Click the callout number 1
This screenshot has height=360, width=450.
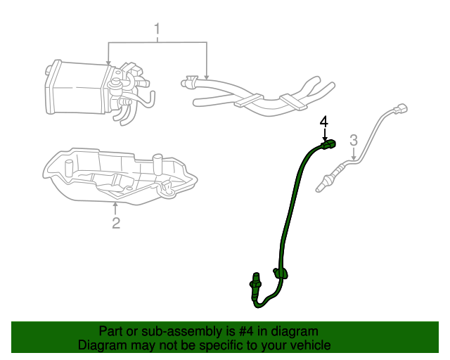[157, 30]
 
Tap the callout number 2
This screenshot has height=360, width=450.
[116, 223]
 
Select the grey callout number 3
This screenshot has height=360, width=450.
[354, 140]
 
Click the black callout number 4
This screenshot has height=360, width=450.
[324, 122]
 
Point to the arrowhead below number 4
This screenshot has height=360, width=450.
[325, 139]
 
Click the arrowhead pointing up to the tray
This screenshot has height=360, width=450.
[115, 205]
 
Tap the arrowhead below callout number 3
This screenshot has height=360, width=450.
[354, 157]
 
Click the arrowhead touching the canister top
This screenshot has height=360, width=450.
[108, 63]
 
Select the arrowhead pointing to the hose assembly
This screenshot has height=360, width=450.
[207, 77]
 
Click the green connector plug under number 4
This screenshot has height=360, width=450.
[328, 144]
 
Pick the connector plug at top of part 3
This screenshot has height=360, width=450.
[400, 108]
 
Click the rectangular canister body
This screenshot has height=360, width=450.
[77, 88]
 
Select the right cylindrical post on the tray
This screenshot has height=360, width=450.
[157, 165]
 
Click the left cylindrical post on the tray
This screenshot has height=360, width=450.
[69, 168]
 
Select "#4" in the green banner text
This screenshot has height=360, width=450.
[246, 331]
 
